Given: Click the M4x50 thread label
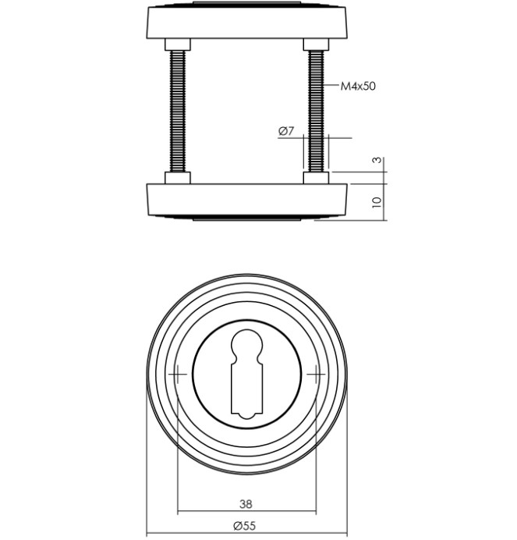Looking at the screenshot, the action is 358,86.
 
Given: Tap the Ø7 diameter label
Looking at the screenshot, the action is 286,131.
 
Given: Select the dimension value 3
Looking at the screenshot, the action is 377,160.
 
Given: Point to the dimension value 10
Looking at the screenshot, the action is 377,202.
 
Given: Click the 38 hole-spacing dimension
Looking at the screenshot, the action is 246,504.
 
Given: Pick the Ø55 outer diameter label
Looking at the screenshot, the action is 244,526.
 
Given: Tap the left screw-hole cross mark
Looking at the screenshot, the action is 177,375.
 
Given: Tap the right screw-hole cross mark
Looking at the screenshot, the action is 316,375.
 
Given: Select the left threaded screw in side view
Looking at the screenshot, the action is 178,112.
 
